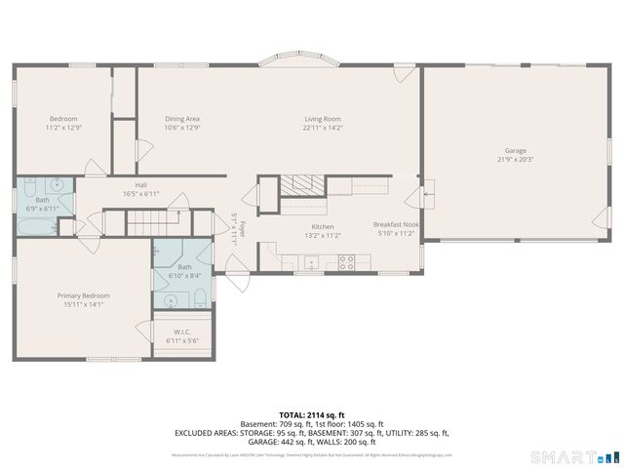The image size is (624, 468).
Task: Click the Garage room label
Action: point(515,151)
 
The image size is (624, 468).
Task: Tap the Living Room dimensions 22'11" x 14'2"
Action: point(322,128)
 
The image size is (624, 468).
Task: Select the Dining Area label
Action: point(182,119)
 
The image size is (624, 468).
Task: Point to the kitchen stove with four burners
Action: point(345,261)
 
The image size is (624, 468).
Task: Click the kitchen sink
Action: point(311,261)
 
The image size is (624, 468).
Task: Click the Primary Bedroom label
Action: point(83,295)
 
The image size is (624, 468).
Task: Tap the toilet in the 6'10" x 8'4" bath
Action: point(198,295)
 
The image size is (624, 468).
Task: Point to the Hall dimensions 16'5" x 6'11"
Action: point(140,194)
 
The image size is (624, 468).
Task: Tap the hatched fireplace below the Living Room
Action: point(302,183)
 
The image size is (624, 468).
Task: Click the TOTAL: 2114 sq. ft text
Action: point(311,414)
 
